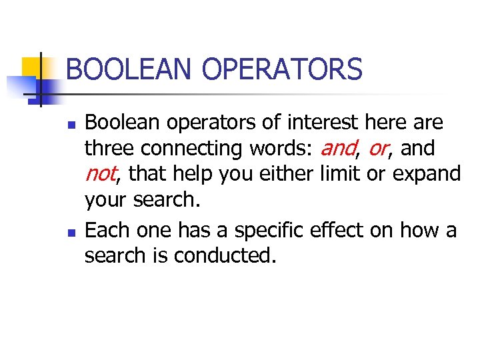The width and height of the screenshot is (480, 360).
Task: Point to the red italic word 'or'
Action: pyautogui.click(x=377, y=149)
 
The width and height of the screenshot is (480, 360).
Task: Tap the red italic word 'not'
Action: pyautogui.click(x=101, y=175)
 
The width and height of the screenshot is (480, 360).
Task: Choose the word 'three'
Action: pyautogui.click(x=111, y=148)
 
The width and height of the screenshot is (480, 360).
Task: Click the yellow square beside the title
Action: pyautogui.click(x=31, y=69)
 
